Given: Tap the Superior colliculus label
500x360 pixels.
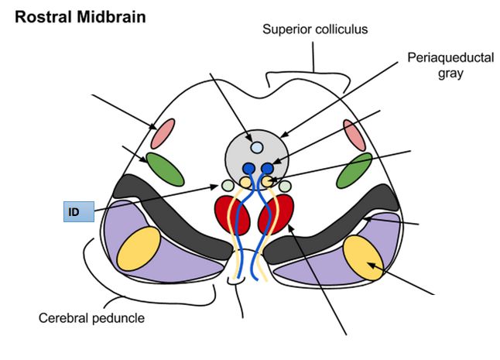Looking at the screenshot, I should tap(314, 30).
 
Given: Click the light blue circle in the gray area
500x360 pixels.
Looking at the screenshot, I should tap(257, 147).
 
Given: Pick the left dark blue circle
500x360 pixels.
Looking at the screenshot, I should tap(248, 168).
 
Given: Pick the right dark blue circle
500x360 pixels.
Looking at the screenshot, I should tap(268, 168).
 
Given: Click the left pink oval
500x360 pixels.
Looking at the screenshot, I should tap(165, 134).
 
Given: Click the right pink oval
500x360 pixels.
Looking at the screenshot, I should tap(354, 135).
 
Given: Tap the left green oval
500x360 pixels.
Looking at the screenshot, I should tap(164, 169).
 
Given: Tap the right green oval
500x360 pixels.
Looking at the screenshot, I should tap(354, 170).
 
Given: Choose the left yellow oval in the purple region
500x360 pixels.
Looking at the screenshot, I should tap(139, 249).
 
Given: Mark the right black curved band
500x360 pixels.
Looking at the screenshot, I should tap(333, 232).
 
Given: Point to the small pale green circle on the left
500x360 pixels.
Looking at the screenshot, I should tap(227, 186).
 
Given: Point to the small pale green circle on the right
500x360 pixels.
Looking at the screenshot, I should tap(285, 186).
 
